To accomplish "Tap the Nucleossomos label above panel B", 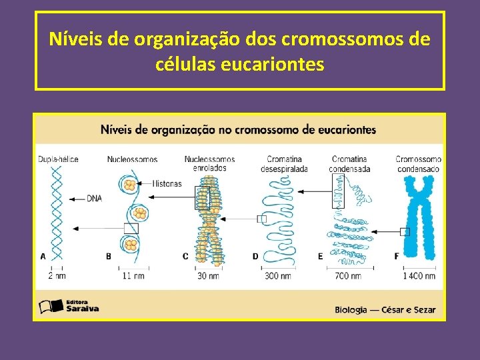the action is click(132, 159).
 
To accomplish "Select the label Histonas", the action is click(167, 183).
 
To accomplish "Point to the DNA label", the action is click(93, 198).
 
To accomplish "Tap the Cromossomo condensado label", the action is click(418, 164).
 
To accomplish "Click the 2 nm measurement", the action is click(57, 275).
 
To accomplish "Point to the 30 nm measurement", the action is click(208, 275).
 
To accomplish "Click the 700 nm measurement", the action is click(347, 275).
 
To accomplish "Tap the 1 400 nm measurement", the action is click(419, 275).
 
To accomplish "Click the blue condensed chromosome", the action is click(420, 220).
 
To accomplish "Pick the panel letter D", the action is click(255, 256).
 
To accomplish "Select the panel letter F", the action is click(397, 256).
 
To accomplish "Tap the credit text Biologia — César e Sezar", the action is click(385, 309).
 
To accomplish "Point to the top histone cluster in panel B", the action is click(130, 184).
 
